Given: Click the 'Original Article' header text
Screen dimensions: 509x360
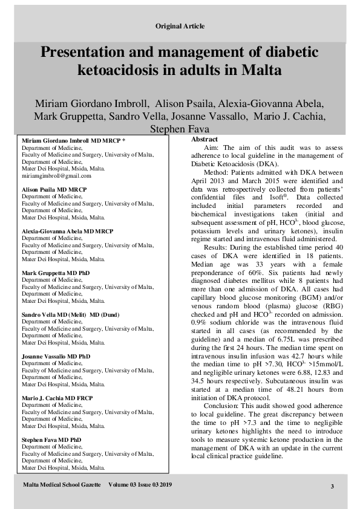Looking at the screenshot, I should [180, 26].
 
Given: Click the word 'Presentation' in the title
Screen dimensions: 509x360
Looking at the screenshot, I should [90, 53].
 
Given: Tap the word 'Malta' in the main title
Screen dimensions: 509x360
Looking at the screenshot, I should [261, 70].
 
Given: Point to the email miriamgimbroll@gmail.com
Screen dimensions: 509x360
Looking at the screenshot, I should [56, 176].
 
